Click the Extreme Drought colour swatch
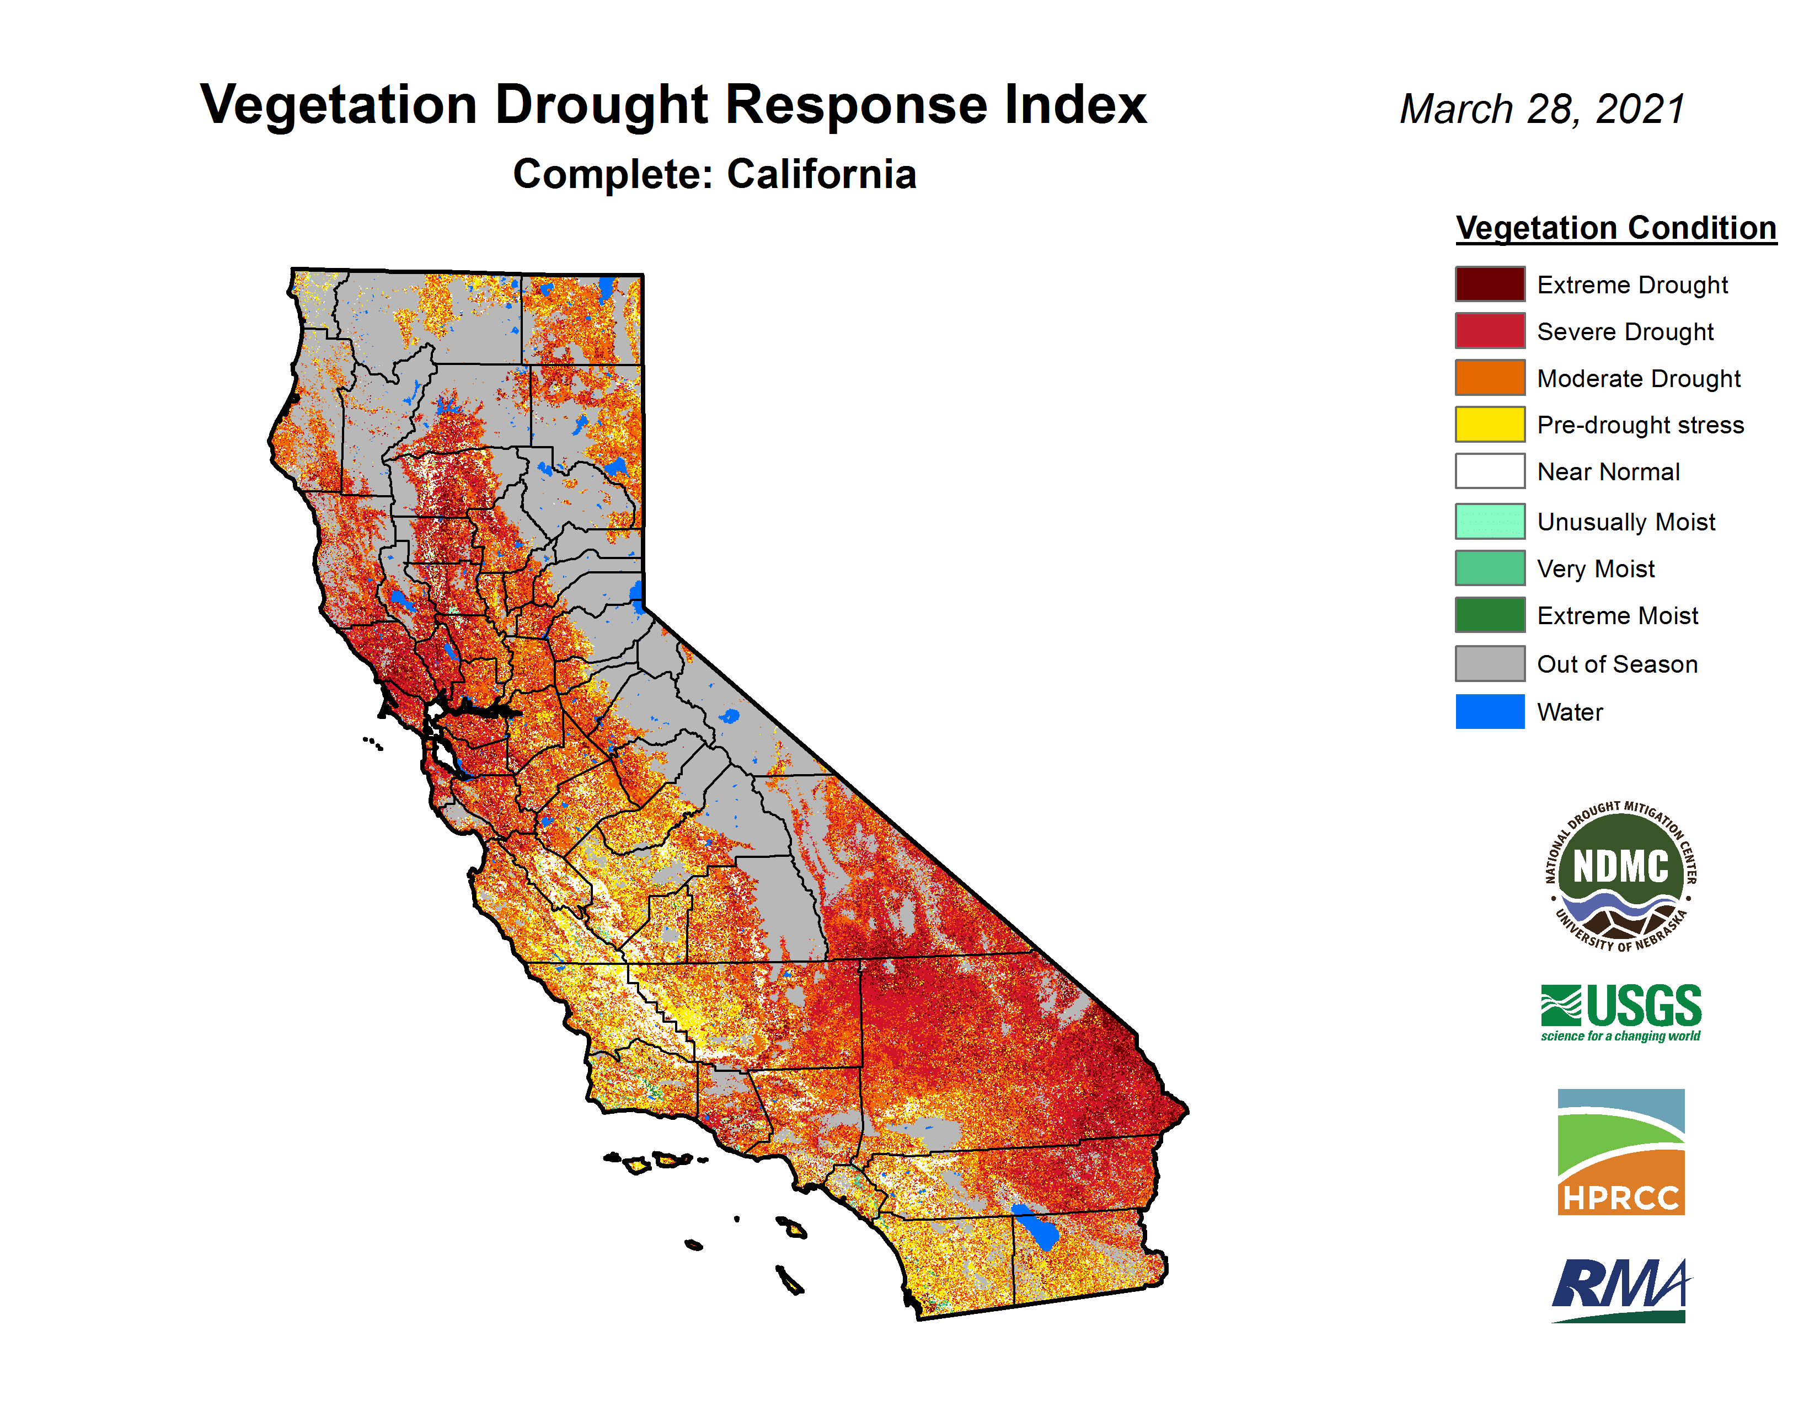[x=1490, y=284]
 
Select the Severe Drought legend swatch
[x=1490, y=331]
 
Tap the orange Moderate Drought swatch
[x=1490, y=377]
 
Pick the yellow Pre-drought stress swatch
[x=1490, y=424]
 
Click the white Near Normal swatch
[x=1490, y=471]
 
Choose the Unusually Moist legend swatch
[x=1490, y=522]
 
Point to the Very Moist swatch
[x=1490, y=568]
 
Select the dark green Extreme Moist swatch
[x=1490, y=615]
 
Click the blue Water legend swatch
[x=1490, y=711]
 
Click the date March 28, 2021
[x=1543, y=110]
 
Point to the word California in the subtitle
[x=822, y=174]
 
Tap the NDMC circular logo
[x=1620, y=877]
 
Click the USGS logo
[x=1621, y=1012]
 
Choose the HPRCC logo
[x=1621, y=1151]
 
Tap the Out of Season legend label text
[x=1616, y=664]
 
